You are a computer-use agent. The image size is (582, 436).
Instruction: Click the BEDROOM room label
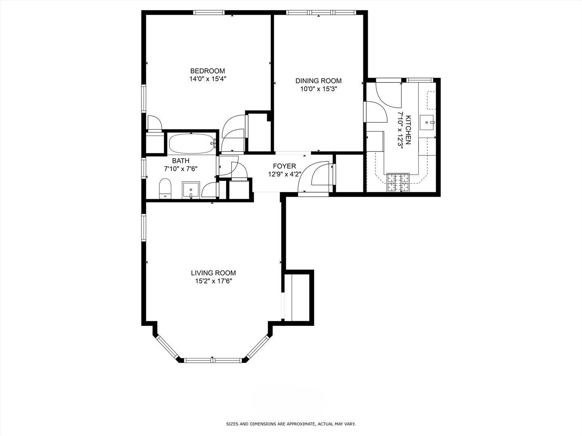tap(207, 71)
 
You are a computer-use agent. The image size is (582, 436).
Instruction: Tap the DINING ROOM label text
tap(318, 81)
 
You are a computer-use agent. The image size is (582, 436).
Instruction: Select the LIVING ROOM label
tap(213, 273)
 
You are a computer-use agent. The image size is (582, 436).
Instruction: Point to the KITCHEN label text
tap(408, 130)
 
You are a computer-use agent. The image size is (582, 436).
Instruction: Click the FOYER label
tap(284, 166)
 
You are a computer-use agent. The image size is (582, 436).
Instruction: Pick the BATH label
tap(181, 161)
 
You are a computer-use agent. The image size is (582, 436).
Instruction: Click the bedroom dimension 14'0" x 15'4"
tap(207, 79)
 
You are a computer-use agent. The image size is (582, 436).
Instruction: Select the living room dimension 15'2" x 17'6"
tap(213, 281)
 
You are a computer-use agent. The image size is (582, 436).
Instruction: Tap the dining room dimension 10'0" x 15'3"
tap(318, 89)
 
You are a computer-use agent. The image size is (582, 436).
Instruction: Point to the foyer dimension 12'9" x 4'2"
tap(285, 174)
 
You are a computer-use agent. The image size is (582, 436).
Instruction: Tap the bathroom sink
tap(191, 190)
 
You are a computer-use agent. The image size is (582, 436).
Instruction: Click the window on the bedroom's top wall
tap(209, 13)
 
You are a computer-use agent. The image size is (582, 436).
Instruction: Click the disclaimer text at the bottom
tap(291, 424)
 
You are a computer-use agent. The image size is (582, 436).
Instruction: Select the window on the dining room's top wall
tap(319, 13)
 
